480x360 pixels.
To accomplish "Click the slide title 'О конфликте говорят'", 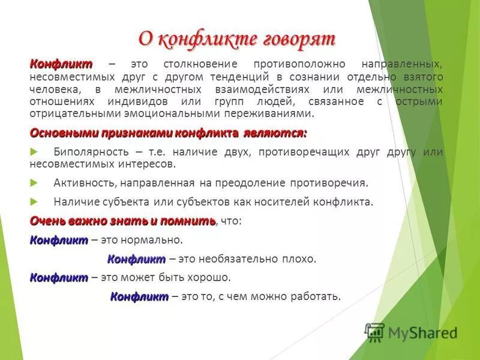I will click(x=237, y=39).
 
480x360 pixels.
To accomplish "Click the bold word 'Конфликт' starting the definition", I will click(x=61, y=64).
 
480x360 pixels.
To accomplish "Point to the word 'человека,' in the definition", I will click(x=53, y=89).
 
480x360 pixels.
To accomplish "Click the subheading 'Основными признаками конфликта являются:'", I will click(x=169, y=132).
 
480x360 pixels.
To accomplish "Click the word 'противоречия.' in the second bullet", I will click(x=338, y=182).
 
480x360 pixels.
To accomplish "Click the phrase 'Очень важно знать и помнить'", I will click(x=122, y=221).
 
